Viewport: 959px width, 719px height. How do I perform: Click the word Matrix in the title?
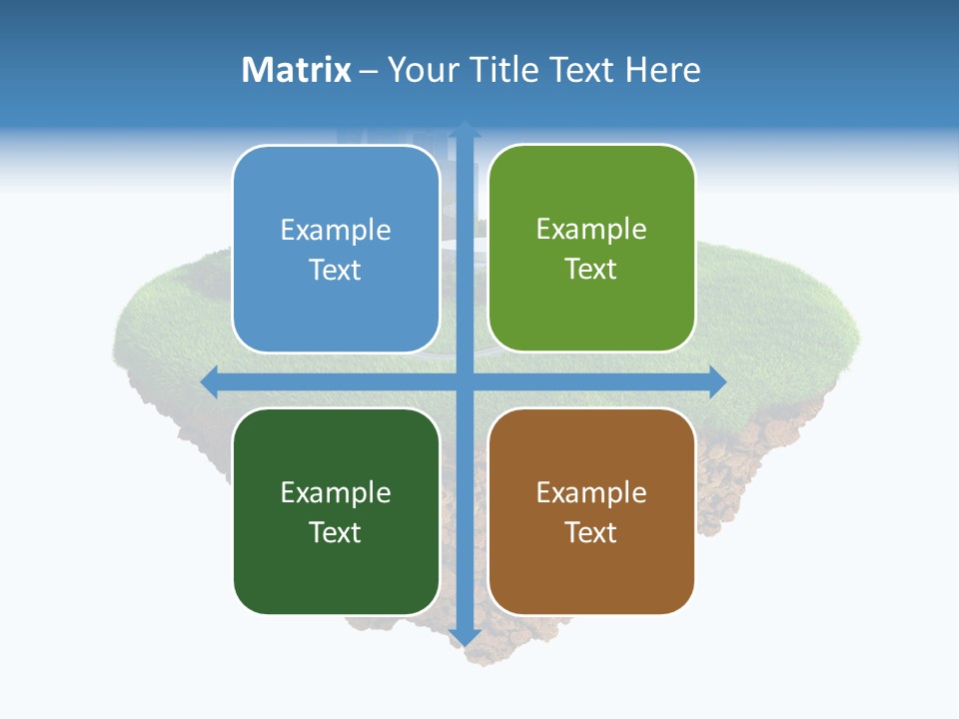(x=297, y=70)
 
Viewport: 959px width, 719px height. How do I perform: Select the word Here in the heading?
(x=662, y=70)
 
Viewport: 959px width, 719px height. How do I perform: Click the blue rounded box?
(x=336, y=250)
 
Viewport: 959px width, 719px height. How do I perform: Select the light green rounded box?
(x=591, y=249)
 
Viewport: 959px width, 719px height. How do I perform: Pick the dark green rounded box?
(x=336, y=511)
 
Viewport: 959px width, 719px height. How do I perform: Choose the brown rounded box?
(x=591, y=511)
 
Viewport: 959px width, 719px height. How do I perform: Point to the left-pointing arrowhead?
(x=208, y=381)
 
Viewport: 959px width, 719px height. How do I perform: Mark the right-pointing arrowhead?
(x=718, y=381)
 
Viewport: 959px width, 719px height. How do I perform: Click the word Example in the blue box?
(x=336, y=231)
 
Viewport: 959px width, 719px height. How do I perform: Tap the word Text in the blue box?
(x=336, y=271)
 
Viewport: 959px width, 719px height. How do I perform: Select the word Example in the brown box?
(x=591, y=492)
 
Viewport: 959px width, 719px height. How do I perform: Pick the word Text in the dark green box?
(x=336, y=532)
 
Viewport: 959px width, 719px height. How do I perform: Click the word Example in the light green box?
(x=591, y=230)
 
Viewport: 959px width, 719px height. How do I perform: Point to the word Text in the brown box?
(x=591, y=532)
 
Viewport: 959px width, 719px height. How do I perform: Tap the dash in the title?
(x=369, y=71)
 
